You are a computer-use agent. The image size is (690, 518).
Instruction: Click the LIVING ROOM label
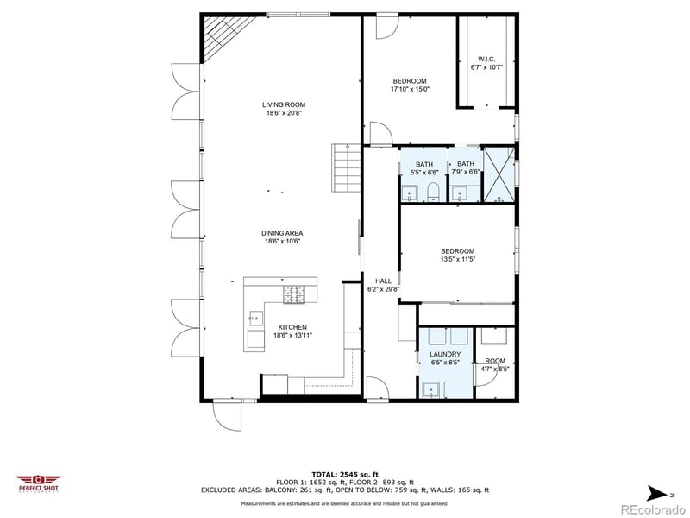click(284, 104)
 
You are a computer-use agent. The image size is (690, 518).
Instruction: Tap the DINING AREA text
click(283, 232)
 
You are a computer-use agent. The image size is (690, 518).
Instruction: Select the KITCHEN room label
click(291, 326)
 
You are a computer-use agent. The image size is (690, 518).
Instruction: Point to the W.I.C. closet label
click(486, 59)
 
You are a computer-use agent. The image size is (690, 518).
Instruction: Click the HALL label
click(383, 281)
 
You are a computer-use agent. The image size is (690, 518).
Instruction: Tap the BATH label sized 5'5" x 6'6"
click(424, 164)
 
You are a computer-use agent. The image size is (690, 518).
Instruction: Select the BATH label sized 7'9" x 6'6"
click(466, 164)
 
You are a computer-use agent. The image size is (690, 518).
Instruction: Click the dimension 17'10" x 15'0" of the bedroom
click(411, 89)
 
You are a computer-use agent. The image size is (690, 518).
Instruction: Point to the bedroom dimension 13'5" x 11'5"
click(458, 258)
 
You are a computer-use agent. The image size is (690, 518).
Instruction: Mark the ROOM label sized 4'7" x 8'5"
click(495, 361)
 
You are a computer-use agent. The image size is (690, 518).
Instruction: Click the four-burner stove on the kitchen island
click(295, 294)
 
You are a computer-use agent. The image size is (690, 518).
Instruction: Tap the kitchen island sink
click(255, 317)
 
